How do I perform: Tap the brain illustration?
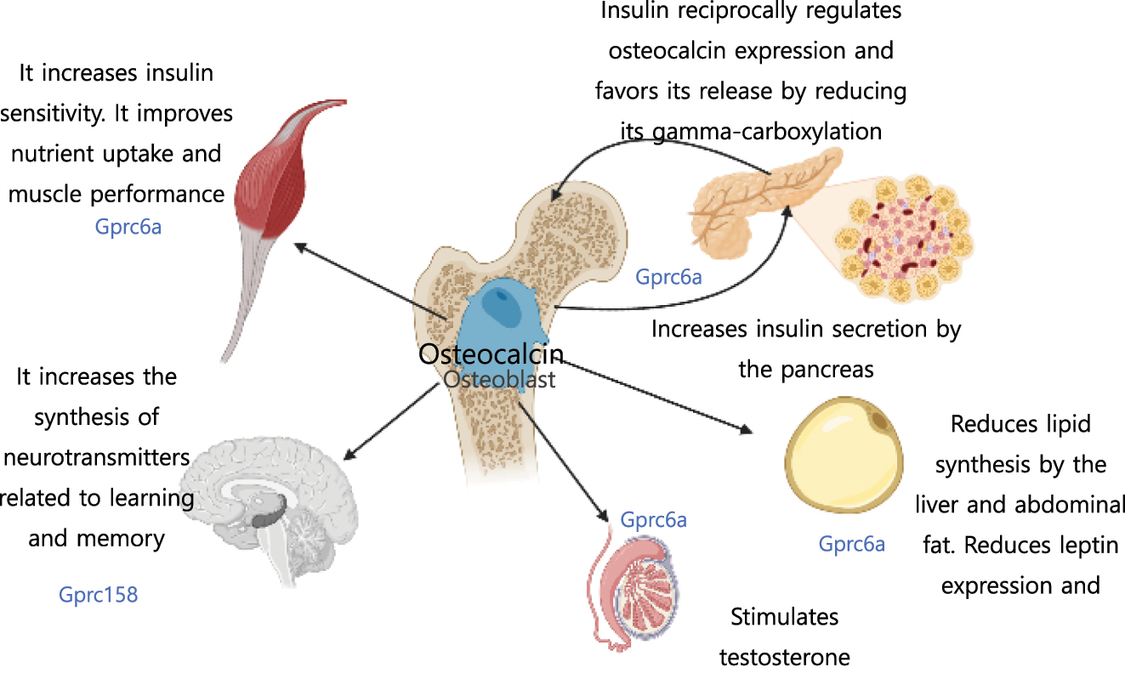tap(272, 510)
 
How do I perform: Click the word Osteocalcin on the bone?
tap(491, 353)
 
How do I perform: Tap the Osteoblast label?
tap(499, 379)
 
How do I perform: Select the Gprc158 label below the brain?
tap(98, 595)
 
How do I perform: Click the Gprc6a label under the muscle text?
tap(128, 228)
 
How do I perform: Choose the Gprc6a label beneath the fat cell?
tap(851, 544)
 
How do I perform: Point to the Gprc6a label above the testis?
tap(653, 519)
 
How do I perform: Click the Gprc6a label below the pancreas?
tap(668, 277)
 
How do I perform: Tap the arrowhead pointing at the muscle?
tap(298, 245)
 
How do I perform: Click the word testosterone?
tap(784, 657)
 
